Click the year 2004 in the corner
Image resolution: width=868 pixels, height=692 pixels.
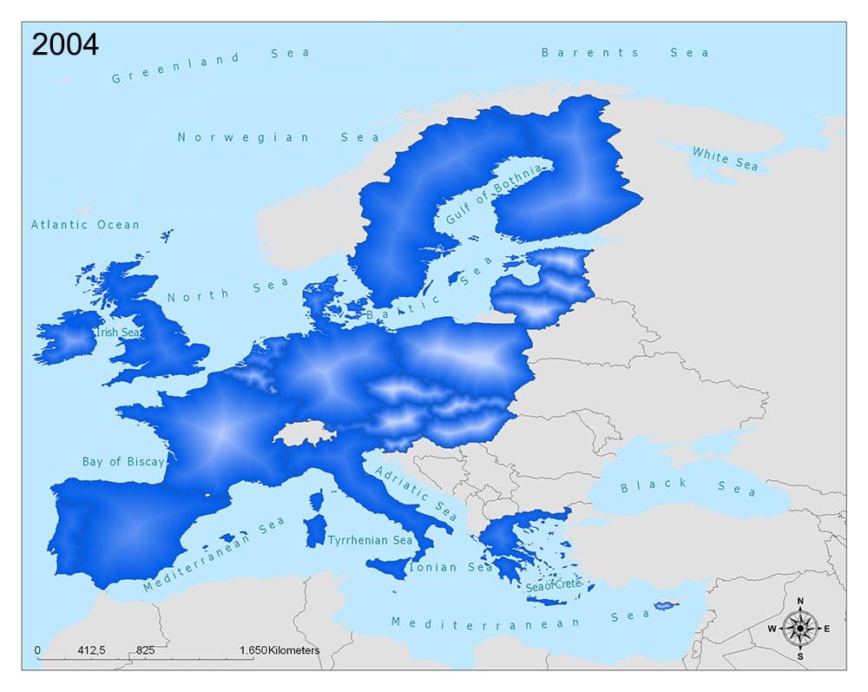coord(65,44)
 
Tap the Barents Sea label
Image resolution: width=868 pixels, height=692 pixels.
coord(624,53)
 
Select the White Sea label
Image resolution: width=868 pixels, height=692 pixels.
coord(725,159)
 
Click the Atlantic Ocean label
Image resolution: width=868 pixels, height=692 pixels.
coord(85,225)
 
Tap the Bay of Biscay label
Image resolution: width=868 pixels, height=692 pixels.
coord(122,462)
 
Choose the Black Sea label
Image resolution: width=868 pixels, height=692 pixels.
coord(687,487)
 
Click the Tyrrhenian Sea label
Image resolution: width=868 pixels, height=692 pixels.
coord(370,540)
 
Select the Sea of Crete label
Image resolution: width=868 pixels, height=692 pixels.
coord(552,586)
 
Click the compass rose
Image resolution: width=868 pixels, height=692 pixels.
coord(799,627)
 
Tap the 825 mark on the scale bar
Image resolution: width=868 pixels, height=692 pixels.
coord(145,649)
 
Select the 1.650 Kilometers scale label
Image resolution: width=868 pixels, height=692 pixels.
coord(279,649)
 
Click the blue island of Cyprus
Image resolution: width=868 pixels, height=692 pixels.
coord(666,605)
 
